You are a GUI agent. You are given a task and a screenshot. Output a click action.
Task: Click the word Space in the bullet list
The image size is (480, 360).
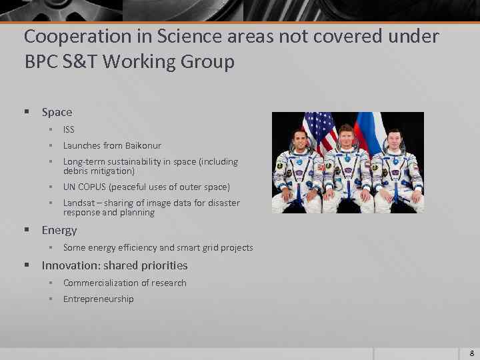click(x=57, y=112)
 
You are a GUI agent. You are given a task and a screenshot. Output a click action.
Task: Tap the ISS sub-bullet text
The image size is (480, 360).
click(x=69, y=129)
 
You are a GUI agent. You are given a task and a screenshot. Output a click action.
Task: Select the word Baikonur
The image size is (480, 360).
click(x=143, y=145)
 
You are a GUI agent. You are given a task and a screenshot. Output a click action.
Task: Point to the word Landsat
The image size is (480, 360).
click(x=79, y=203)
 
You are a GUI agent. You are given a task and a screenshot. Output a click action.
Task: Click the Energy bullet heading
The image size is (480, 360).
click(x=59, y=230)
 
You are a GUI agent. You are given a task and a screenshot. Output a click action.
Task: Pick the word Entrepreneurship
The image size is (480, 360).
click(x=98, y=299)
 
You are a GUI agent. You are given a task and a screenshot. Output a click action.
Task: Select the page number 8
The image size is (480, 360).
click(x=471, y=353)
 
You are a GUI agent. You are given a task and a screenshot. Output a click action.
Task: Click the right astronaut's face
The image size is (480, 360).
click(x=394, y=141)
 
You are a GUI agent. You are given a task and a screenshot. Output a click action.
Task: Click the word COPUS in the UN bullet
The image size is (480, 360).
click(x=93, y=187)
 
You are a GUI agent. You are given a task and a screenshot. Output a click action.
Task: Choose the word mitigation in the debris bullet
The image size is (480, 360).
click(x=111, y=171)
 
